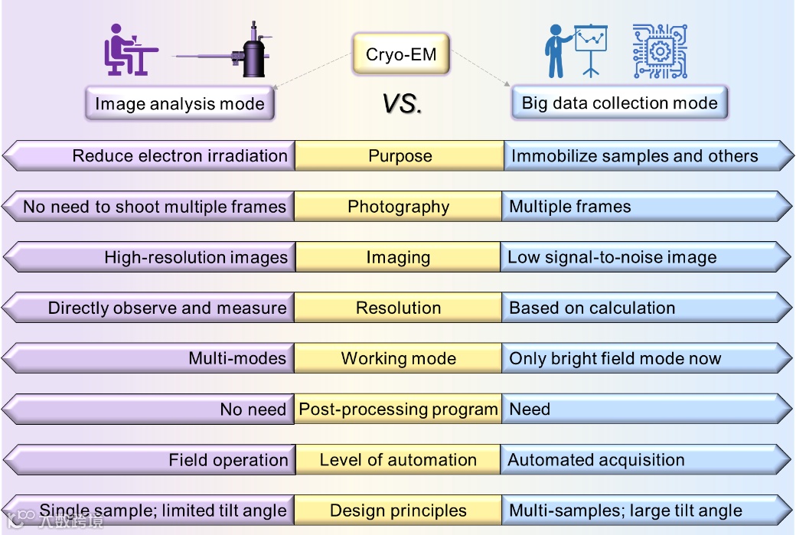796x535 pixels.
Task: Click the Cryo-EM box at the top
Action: (x=400, y=54)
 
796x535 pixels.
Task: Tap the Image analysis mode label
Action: (x=180, y=104)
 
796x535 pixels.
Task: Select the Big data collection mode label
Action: (x=619, y=103)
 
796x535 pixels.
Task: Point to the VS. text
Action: (x=403, y=104)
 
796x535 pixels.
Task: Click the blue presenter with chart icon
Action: (x=576, y=51)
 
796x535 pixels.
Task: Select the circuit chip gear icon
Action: (x=660, y=51)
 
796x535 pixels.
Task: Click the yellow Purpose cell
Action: (x=400, y=156)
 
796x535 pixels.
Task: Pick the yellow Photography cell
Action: (x=399, y=207)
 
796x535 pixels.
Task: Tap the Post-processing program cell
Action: (x=399, y=409)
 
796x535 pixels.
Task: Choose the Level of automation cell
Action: (x=399, y=460)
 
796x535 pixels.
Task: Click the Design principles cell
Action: (x=399, y=511)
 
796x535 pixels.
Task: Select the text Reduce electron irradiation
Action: (x=180, y=156)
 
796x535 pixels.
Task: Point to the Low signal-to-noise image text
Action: (x=612, y=257)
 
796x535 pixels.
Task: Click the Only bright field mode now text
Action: (x=615, y=358)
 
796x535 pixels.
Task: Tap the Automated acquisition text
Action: (x=596, y=460)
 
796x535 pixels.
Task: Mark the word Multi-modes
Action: (x=237, y=358)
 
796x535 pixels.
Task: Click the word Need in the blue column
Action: (x=530, y=409)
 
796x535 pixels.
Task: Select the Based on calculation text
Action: (x=592, y=308)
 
